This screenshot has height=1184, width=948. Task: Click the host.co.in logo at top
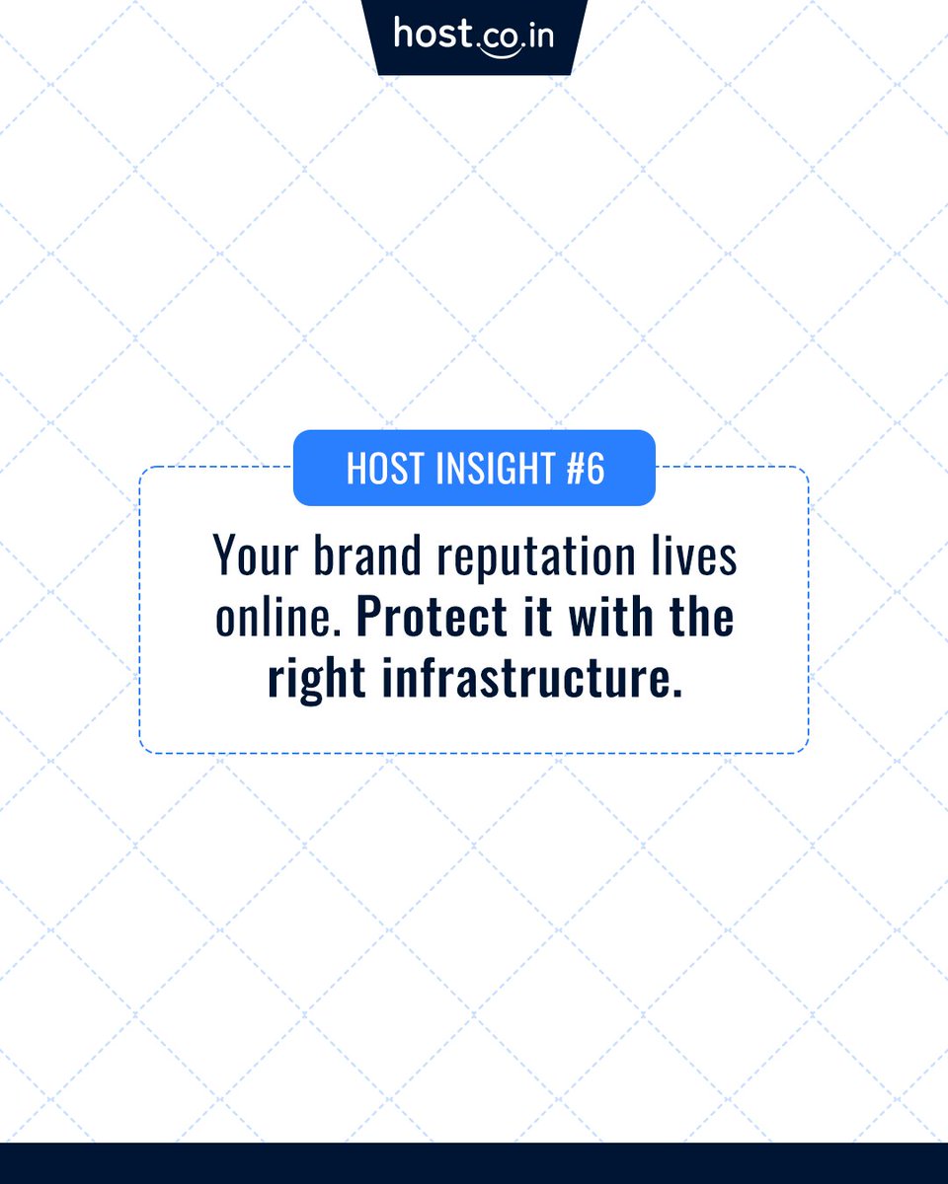(x=474, y=36)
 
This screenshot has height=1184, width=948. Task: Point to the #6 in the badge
(x=586, y=469)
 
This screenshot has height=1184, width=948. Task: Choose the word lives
(x=695, y=557)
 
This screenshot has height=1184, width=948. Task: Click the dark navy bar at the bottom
(x=474, y=1163)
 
